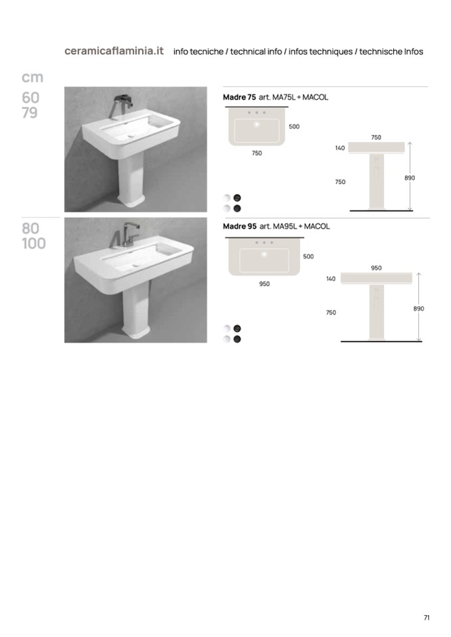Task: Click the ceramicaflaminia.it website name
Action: point(114,50)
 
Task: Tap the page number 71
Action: point(426,618)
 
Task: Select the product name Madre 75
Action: point(239,97)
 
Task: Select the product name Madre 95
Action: point(239,227)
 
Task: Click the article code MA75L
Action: point(283,97)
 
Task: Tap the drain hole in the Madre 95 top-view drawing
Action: point(264,254)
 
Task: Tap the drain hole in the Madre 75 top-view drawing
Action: point(257,124)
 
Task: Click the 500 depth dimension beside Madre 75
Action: point(294,126)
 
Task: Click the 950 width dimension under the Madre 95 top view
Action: point(264,284)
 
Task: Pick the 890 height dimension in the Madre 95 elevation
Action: point(418,309)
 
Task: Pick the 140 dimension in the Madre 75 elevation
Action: point(340,148)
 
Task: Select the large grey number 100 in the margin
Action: point(34,243)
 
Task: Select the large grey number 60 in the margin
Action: point(31,98)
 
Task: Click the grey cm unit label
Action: point(32,77)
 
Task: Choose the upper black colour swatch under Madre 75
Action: point(237,198)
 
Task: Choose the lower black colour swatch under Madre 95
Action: point(237,339)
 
